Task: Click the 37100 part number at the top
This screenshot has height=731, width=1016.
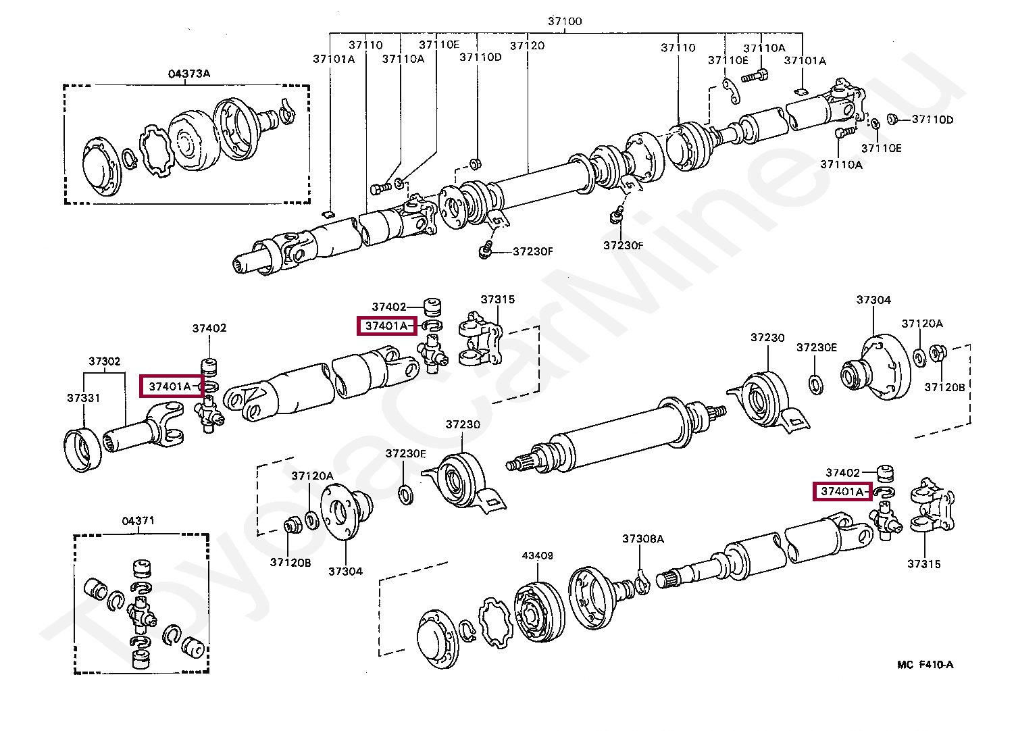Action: [564, 21]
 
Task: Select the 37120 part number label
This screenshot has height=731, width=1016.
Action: [527, 45]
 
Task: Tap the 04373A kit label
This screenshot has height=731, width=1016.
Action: [188, 74]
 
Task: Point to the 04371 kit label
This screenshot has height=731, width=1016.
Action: [138, 520]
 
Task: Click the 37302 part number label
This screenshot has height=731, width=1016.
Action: [105, 361]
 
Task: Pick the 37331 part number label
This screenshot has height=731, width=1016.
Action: [83, 398]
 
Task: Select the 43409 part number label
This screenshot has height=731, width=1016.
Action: [537, 555]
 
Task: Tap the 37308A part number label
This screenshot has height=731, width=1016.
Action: [642, 538]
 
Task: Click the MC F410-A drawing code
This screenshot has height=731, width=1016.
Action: [925, 664]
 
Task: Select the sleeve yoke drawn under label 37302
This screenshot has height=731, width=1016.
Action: [145, 430]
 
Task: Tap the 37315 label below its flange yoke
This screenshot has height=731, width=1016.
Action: [923, 563]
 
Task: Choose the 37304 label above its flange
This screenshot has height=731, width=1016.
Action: [873, 299]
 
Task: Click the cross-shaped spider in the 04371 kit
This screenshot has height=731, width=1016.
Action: [141, 613]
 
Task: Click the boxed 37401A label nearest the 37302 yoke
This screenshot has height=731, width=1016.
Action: [170, 386]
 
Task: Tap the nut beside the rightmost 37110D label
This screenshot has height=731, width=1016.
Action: [890, 120]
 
